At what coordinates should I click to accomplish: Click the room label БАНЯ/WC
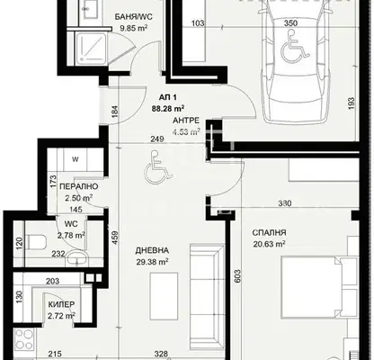click(x=134, y=17)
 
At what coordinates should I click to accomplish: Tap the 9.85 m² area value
click(x=134, y=28)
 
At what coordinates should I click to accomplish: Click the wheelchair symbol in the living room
click(x=158, y=167)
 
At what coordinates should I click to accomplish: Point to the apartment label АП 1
click(x=168, y=97)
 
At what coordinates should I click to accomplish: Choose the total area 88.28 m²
click(x=168, y=108)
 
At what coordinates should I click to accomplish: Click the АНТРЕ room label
click(x=186, y=121)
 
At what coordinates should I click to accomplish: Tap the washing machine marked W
click(x=76, y=159)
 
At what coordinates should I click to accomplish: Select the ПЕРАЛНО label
click(x=79, y=186)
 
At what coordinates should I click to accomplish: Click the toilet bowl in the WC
click(x=36, y=242)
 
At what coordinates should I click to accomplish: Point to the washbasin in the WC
click(x=77, y=258)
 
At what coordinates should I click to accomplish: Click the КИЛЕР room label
click(x=61, y=304)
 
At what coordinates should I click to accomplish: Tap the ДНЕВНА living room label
click(x=152, y=250)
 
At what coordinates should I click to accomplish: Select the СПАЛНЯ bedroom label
click(x=269, y=232)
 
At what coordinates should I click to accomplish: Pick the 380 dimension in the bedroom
click(x=285, y=203)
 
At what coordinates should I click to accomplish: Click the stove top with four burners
click(x=24, y=338)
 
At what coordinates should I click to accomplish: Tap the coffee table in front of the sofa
click(x=164, y=295)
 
